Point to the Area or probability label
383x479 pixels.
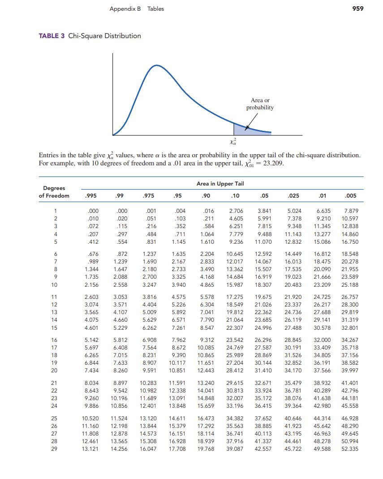(x=260, y=104)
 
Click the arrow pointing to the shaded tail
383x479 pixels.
(x=252, y=119)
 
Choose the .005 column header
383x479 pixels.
(x=351, y=195)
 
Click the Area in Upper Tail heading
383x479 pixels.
(x=220, y=184)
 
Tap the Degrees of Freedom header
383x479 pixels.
(x=54, y=192)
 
